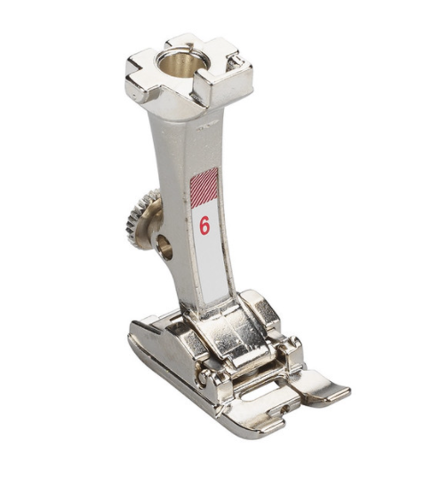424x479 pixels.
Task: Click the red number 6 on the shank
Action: click(204, 226)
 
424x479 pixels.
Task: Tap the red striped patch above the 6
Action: click(204, 188)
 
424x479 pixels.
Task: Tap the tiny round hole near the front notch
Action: click(285, 407)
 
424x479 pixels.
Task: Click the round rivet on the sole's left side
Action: click(203, 378)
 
